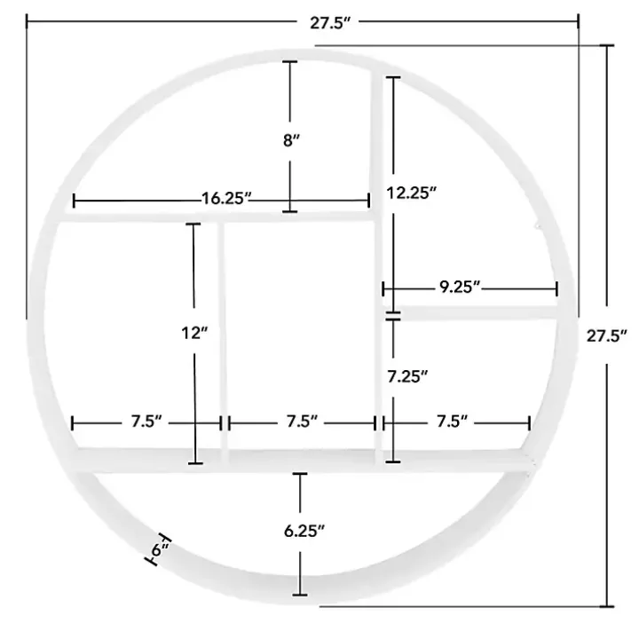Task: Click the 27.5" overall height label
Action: click(x=607, y=335)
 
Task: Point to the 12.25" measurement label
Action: click(x=412, y=193)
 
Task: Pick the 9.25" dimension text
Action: click(x=460, y=287)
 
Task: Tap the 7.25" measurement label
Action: click(x=408, y=377)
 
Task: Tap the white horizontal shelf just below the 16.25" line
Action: click(x=213, y=216)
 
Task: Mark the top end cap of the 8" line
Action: click(x=288, y=62)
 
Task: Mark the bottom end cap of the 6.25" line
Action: click(x=301, y=594)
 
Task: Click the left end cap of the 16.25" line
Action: click(x=74, y=201)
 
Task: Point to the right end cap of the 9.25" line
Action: click(x=556, y=288)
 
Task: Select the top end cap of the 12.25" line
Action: click(x=391, y=78)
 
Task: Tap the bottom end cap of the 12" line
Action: click(x=195, y=462)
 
